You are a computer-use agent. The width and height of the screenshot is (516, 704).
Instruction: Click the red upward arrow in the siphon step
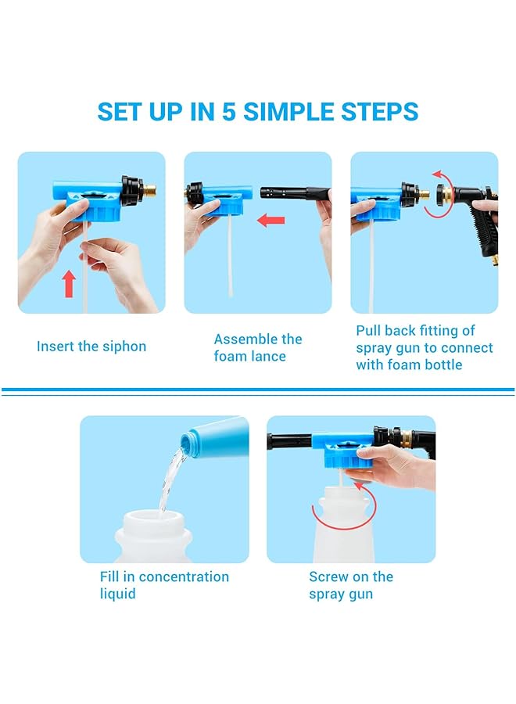(x=70, y=283)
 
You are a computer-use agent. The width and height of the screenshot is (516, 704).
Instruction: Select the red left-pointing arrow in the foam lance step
(x=271, y=221)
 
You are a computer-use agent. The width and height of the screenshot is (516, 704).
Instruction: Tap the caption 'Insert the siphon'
(x=91, y=347)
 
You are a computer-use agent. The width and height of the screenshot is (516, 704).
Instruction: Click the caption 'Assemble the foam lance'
(x=257, y=347)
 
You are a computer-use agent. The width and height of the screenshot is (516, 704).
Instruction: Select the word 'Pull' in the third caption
(x=371, y=331)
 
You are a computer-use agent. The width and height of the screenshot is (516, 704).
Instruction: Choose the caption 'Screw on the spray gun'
(x=351, y=585)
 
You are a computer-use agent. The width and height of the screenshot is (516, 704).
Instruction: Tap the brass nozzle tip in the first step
(x=149, y=189)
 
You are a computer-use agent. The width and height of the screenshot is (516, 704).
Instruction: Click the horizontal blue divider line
(x=258, y=390)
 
